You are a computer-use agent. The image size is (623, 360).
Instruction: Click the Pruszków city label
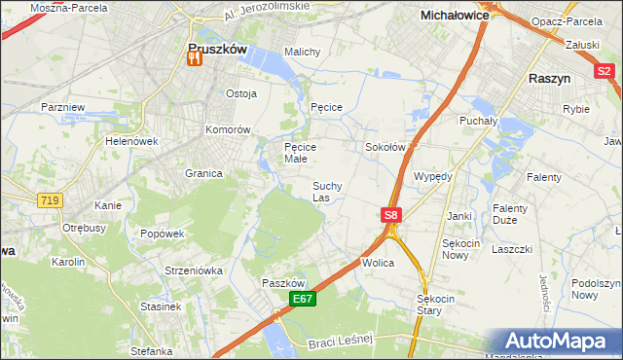[217, 46]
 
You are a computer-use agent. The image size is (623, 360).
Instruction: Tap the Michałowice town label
[454, 16]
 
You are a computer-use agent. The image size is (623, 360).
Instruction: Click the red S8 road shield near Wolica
[390, 215]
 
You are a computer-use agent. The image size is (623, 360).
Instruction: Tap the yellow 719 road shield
[49, 200]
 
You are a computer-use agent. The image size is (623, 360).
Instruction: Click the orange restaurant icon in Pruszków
[193, 59]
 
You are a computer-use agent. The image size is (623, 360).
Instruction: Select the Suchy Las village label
[326, 191]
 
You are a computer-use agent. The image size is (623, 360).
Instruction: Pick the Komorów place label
[229, 129]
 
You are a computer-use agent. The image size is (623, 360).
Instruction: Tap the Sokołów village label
[385, 147]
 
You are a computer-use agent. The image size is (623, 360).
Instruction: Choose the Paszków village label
[284, 282]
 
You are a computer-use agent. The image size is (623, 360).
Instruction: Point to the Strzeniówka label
[194, 270]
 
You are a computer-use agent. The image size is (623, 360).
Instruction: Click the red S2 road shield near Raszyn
[605, 70]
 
